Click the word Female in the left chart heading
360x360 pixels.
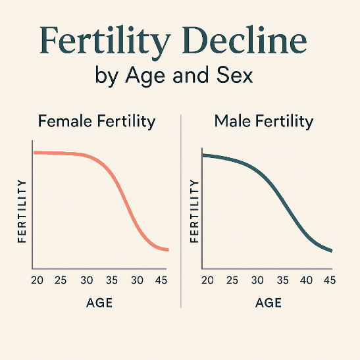tap(63, 121)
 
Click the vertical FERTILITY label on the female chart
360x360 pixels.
tap(22, 211)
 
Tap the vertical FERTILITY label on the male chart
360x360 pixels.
tap(194, 211)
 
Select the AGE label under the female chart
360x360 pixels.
tap(99, 303)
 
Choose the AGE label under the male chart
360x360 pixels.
tap(268, 303)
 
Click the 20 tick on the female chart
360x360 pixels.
tap(37, 280)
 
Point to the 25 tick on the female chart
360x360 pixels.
tap(61, 280)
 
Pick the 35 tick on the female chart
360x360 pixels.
tap(112, 280)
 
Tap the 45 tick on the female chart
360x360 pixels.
tap(161, 280)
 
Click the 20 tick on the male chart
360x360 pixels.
tap(207, 280)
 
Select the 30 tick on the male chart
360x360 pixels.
tap(257, 280)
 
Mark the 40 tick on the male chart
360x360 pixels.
tap(307, 280)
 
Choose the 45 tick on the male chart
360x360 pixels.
tap(330, 280)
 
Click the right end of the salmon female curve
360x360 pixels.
tap(167, 249)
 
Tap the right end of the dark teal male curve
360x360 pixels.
tap(331, 251)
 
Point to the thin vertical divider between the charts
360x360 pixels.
tap(180, 211)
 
